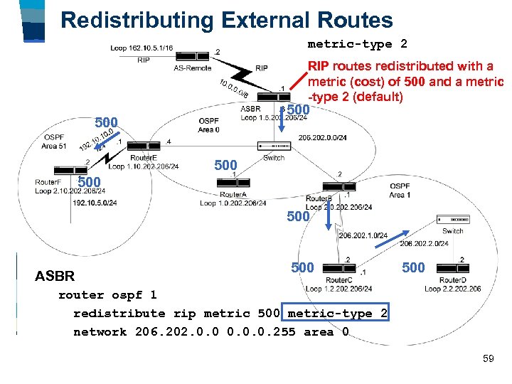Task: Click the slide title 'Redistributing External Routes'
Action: (227, 19)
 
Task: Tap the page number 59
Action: (488, 358)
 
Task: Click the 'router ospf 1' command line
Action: (107, 294)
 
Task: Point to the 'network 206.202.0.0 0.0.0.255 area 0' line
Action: (211, 331)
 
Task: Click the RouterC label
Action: (338, 280)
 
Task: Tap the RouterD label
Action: (452, 280)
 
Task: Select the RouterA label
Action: (233, 194)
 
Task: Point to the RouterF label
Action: (48, 182)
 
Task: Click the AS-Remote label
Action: (192, 68)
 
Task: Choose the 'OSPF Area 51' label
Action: (55, 141)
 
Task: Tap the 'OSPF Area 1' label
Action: (400, 190)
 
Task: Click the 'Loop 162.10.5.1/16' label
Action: (142, 48)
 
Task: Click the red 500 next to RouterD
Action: (413, 267)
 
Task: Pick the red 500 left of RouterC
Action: (302, 267)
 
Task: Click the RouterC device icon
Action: (339, 267)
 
